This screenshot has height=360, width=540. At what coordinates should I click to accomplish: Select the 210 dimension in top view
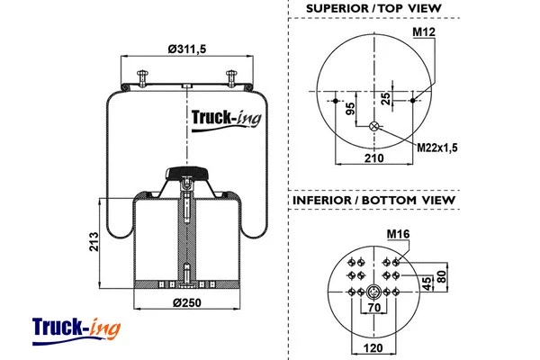[373, 158]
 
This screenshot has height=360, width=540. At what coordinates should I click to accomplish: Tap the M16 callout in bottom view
[398, 236]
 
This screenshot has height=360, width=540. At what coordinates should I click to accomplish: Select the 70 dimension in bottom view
[372, 308]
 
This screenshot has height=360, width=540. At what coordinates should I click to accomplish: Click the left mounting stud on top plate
[142, 79]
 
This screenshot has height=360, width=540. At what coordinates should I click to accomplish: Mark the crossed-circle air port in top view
[373, 127]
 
